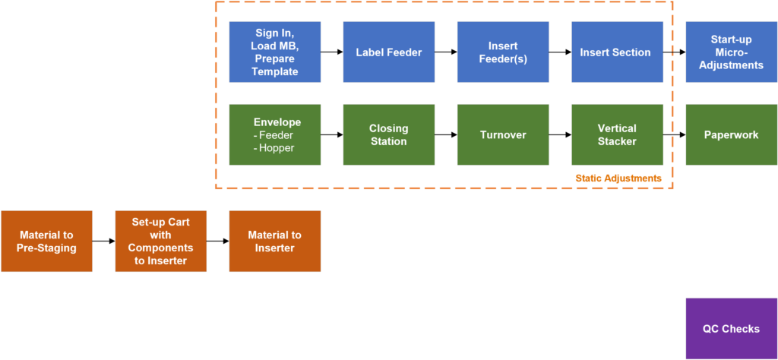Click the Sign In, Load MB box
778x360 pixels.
pyautogui.click(x=274, y=52)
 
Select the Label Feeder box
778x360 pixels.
pyautogui.click(x=388, y=52)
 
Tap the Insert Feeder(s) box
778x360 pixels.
pyautogui.click(x=502, y=52)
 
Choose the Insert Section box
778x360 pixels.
pyautogui.click(x=616, y=52)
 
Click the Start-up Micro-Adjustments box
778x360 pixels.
pyautogui.click(x=731, y=52)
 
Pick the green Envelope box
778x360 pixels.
pyautogui.click(x=274, y=134)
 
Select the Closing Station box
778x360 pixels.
pyautogui.click(x=388, y=134)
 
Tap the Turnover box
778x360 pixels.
pyautogui.click(x=502, y=134)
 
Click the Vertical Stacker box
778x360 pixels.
pyautogui.click(x=616, y=134)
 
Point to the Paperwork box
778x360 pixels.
pyautogui.click(x=731, y=134)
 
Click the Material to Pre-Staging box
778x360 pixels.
pyautogui.click(x=46, y=241)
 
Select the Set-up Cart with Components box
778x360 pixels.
pyautogui.click(x=160, y=241)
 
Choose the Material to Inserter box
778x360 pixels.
pyautogui.click(x=274, y=241)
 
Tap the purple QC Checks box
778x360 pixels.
pyautogui.click(x=731, y=328)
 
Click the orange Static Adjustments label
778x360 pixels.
pyautogui.click(x=618, y=178)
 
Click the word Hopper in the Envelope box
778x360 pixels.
pyautogui.click(x=278, y=147)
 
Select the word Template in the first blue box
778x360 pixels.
pyautogui.click(x=275, y=71)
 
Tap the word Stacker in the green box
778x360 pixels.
pyautogui.click(x=617, y=141)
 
